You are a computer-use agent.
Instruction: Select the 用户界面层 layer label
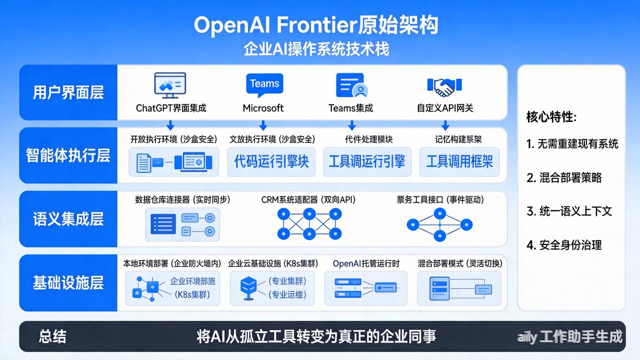[68, 92]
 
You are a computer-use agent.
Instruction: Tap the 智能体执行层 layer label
[68, 155]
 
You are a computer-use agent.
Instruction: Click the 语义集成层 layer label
[68, 219]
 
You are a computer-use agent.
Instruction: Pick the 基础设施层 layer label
[68, 282]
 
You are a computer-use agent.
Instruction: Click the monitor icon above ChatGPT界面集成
[170, 85]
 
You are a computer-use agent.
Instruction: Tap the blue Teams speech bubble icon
[264, 84]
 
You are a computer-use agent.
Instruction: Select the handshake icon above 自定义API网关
[440, 86]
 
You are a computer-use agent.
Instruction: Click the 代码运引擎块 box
[271, 161]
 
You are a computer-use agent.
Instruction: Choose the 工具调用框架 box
[459, 161]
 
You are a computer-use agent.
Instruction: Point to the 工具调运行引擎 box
[367, 161]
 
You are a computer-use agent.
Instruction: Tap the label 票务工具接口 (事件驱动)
[440, 200]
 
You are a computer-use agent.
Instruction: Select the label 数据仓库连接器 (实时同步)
[182, 200]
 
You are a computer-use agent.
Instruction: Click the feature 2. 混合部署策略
[564, 177]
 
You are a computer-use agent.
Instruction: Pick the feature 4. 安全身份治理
[564, 245]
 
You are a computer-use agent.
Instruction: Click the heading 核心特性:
[551, 117]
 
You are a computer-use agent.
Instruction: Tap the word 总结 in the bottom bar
[52, 336]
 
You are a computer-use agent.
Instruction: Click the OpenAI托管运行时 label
[366, 263]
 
